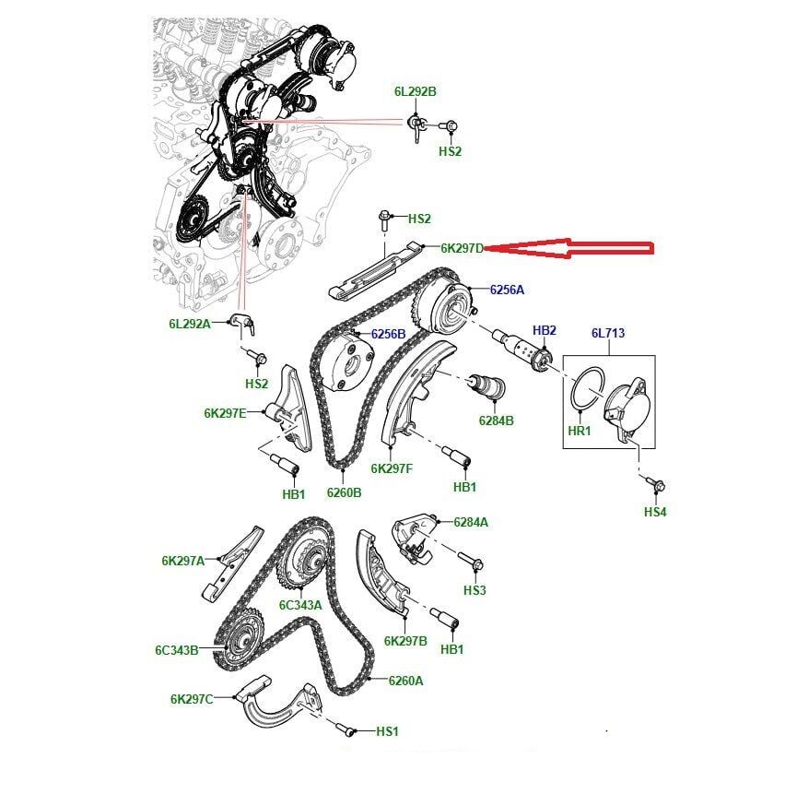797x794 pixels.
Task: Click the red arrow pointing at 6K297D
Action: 568,248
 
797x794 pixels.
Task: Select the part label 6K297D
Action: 462,248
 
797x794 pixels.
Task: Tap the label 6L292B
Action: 416,91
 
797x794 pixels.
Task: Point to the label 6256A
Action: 507,290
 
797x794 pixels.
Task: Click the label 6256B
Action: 388,334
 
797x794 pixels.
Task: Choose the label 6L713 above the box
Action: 608,333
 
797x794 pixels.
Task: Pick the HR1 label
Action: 580,431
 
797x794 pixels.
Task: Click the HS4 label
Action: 655,512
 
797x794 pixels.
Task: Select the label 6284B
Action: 496,421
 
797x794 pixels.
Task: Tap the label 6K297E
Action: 225,413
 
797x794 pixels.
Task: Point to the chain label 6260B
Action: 344,492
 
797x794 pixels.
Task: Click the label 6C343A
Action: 300,605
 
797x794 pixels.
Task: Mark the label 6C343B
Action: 176,650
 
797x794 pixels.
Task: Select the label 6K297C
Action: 192,699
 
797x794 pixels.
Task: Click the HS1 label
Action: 387,731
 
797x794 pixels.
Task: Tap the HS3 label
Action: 475,590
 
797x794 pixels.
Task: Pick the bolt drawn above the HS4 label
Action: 656,484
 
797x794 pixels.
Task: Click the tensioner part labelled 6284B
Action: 486,386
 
